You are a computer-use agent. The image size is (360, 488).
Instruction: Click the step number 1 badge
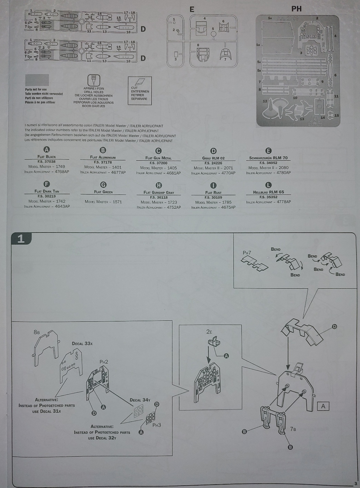click(21, 239)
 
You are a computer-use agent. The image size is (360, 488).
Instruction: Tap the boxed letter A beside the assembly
click(323, 406)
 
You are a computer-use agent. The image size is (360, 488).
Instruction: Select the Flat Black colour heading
click(47, 157)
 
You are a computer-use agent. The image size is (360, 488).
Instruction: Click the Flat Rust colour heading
click(213, 192)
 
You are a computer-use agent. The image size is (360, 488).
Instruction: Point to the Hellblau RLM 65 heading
click(268, 192)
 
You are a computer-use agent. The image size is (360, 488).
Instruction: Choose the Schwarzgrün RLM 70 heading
click(268, 158)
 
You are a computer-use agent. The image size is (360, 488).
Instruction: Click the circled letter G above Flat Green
click(103, 185)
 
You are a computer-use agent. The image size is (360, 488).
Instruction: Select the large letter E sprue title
click(192, 10)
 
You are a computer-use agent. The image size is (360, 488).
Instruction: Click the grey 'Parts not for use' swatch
click(37, 80)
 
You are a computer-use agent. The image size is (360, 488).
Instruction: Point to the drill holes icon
click(93, 80)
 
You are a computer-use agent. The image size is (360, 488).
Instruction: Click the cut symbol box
click(140, 91)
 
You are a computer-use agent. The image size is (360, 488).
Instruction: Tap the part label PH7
click(247, 253)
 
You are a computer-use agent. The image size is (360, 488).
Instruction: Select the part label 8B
click(37, 332)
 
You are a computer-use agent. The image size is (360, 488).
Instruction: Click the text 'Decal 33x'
click(82, 343)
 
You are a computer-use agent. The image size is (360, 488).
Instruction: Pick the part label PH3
click(157, 425)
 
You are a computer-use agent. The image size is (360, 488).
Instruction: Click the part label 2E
click(209, 332)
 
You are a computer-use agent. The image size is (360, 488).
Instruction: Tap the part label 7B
click(293, 429)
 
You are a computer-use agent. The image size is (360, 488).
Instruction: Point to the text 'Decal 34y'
click(140, 400)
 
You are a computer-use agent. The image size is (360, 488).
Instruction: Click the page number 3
click(356, 484)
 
